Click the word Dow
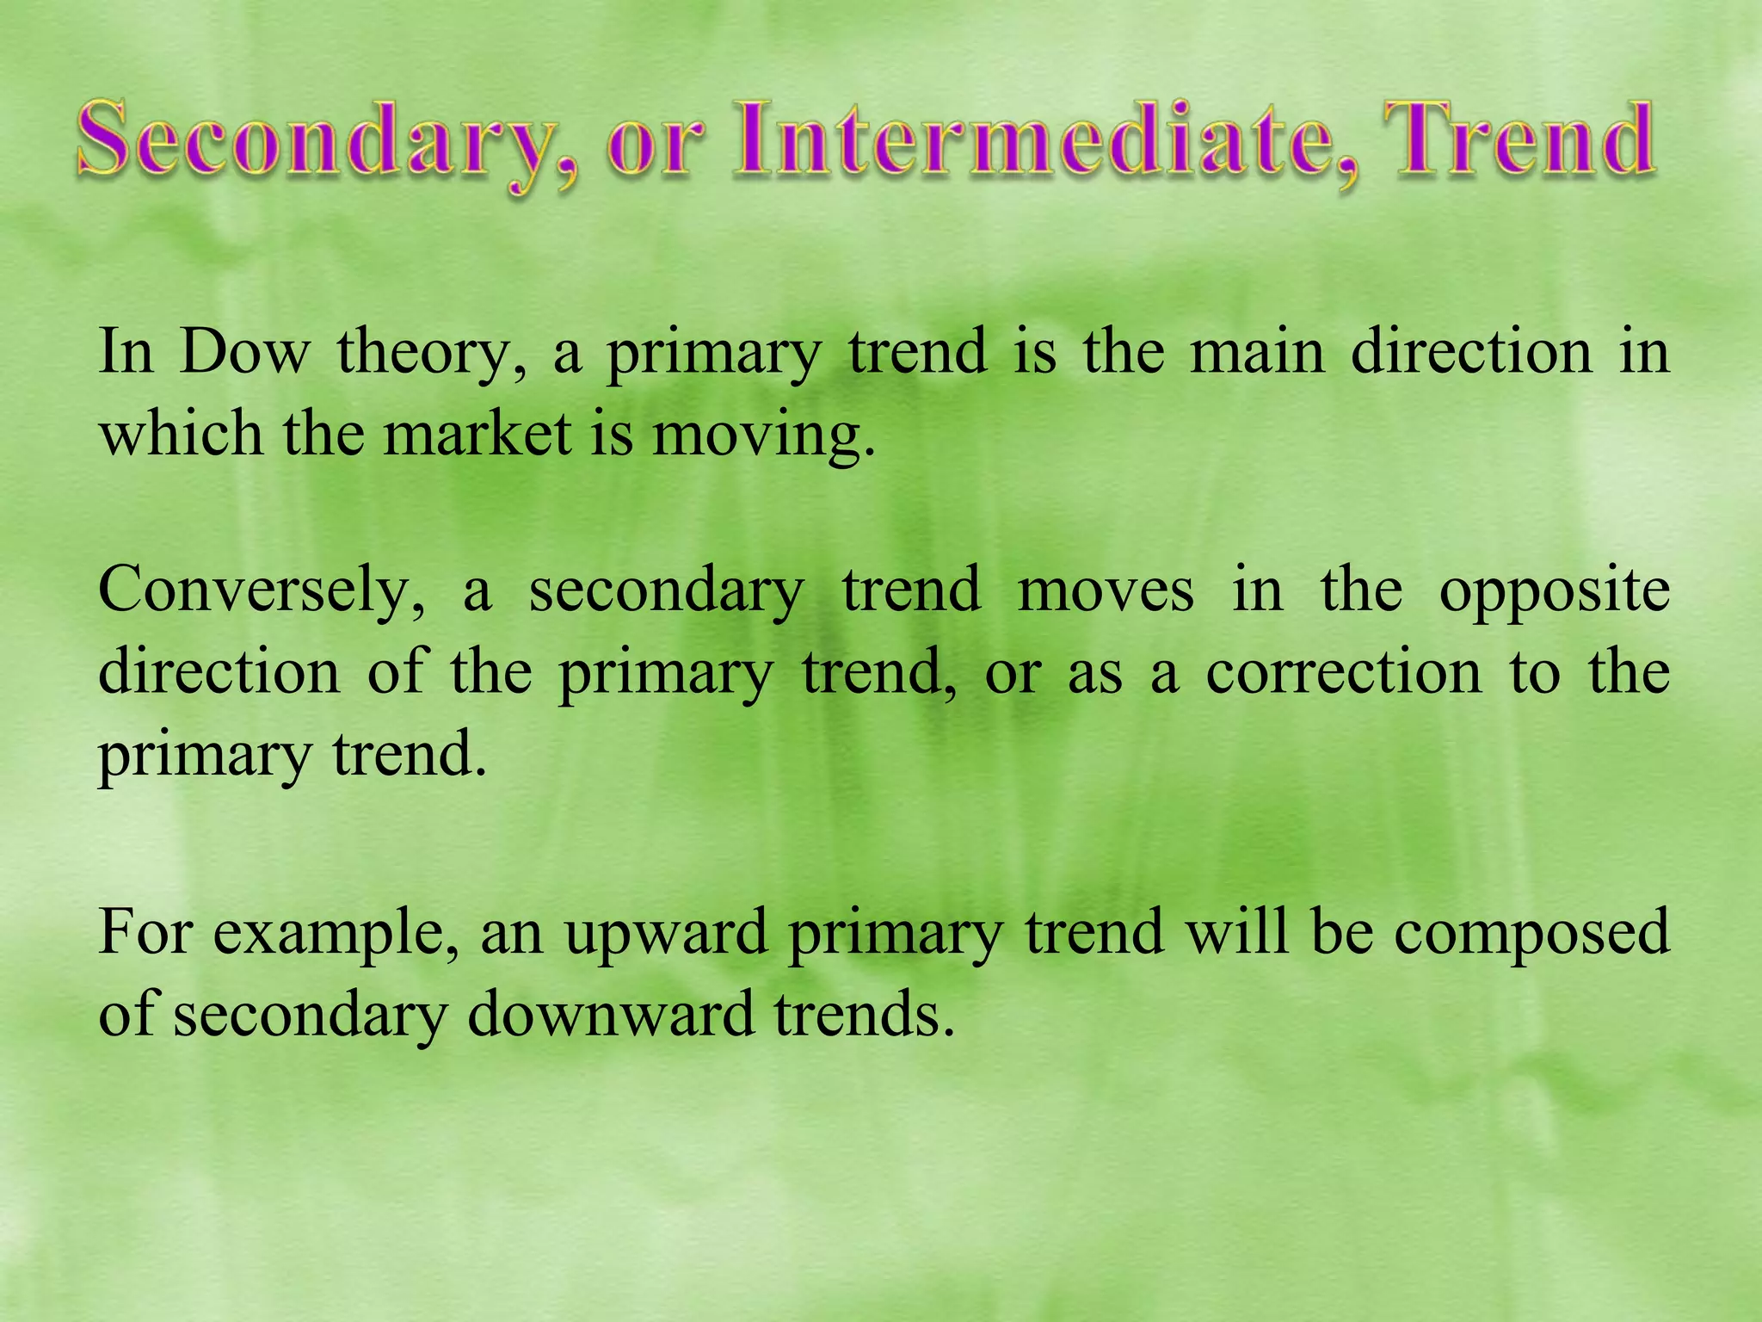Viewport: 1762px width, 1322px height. click(x=244, y=352)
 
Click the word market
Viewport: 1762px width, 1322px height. click(x=477, y=433)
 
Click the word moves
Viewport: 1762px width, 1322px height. click(x=1105, y=591)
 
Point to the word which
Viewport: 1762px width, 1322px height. click(x=181, y=433)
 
